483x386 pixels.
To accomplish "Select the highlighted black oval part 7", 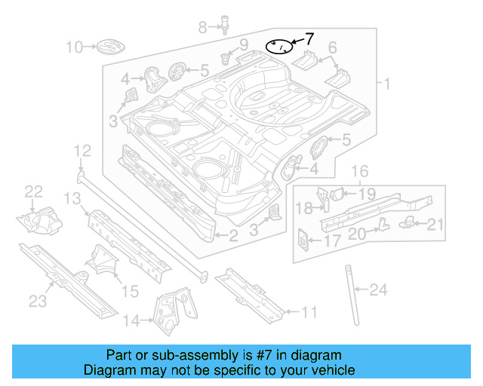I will click(280, 47).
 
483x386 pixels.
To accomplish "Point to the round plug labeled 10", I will click(106, 48).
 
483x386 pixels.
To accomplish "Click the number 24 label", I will click(379, 288).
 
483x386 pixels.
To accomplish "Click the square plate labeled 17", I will click(301, 240).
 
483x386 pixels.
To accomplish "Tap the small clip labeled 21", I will click(408, 219).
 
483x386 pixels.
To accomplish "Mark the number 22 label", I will click(35, 191).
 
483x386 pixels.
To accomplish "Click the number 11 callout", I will click(309, 311).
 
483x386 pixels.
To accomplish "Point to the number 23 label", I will click(38, 302).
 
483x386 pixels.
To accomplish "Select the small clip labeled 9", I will click(226, 57).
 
